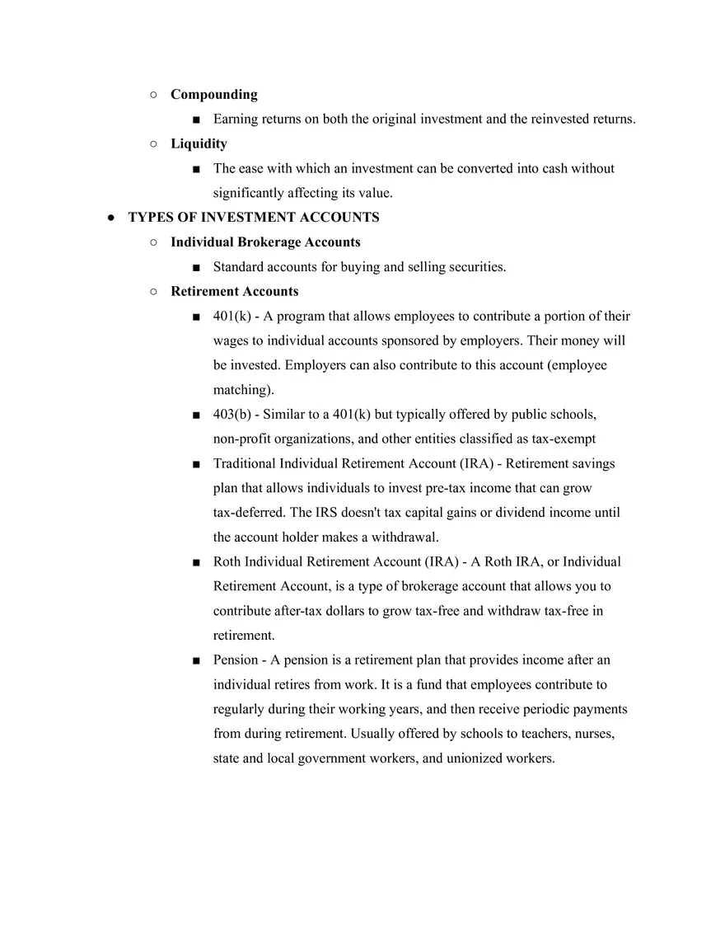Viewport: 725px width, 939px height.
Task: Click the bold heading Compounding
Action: click(x=213, y=95)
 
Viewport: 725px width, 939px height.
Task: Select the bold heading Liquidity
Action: click(x=199, y=143)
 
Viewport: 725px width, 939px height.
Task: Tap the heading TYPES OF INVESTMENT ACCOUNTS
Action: click(x=254, y=218)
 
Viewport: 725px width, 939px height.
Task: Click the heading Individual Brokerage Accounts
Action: click(x=265, y=242)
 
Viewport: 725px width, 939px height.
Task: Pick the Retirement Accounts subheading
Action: click(x=234, y=291)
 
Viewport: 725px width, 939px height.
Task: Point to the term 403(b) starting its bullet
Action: click(x=232, y=414)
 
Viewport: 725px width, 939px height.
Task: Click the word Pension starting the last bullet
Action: click(x=235, y=660)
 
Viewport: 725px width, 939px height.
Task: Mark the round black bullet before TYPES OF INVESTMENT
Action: click(x=111, y=218)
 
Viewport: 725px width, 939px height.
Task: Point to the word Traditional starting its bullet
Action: click(x=245, y=463)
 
